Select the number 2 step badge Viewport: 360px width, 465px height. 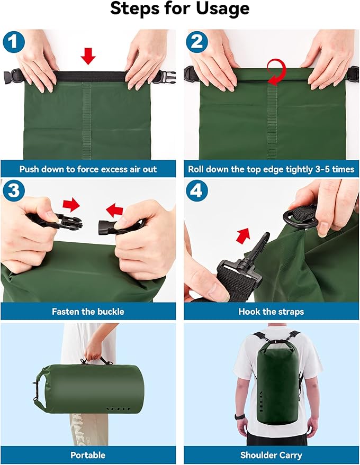[197, 42]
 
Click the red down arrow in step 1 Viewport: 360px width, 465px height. [88, 55]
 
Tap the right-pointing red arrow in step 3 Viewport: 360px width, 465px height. [71, 204]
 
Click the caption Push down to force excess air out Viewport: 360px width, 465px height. [88, 170]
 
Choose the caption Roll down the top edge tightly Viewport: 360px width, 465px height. [271, 170]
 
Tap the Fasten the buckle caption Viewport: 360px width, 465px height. [88, 312]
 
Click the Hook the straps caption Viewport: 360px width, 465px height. [271, 312]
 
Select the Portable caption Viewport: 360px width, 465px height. [88, 455]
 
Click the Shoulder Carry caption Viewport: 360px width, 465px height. [271, 455]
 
